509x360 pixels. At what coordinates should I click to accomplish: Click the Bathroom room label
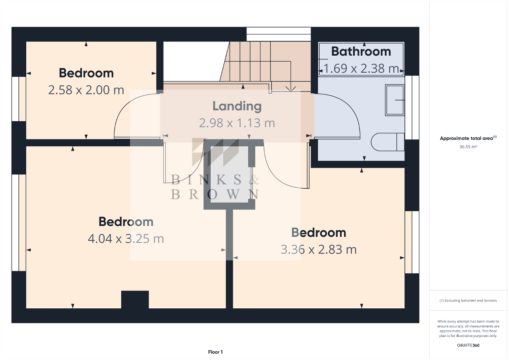click(361, 52)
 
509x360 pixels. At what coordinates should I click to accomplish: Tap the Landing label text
click(237, 106)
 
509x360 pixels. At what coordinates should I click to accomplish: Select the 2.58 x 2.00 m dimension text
click(86, 90)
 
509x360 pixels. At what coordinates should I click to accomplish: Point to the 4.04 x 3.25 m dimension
click(126, 238)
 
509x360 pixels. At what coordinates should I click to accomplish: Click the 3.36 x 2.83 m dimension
click(319, 250)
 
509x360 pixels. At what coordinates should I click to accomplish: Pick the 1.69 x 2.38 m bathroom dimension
click(361, 68)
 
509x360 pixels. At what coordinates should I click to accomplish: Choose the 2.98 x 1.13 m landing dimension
click(237, 123)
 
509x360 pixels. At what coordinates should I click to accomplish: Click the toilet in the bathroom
click(388, 142)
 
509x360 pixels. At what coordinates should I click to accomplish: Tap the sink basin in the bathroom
click(395, 100)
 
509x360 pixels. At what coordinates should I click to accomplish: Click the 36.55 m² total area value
click(468, 147)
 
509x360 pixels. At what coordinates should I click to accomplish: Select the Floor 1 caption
click(216, 352)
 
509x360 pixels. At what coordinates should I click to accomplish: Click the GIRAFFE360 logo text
click(468, 345)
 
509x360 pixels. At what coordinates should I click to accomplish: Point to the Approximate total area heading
click(468, 138)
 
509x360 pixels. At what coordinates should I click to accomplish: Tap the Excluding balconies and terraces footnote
click(468, 300)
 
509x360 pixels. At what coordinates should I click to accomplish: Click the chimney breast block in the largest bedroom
click(135, 299)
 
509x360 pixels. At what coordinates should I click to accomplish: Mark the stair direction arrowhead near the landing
click(291, 89)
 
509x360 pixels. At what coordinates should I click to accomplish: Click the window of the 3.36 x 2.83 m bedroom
click(412, 242)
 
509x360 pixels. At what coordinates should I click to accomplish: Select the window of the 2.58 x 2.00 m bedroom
click(19, 99)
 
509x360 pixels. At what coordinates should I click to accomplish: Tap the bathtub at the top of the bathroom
click(361, 60)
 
